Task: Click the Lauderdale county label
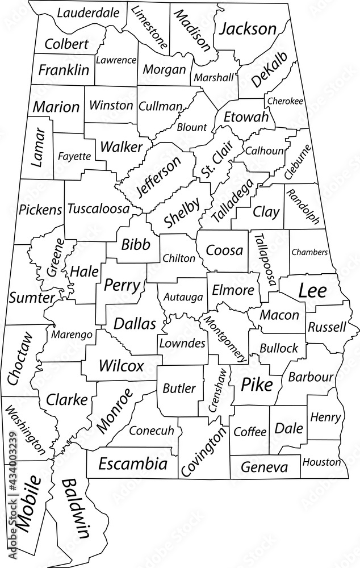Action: click(88, 12)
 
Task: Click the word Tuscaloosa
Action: click(98, 209)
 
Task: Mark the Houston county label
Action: click(321, 462)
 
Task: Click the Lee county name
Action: click(313, 291)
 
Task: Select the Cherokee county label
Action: click(285, 101)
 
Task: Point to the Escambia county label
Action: click(133, 464)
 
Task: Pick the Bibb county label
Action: click(136, 244)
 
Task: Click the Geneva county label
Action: click(264, 467)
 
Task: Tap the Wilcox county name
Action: click(121, 365)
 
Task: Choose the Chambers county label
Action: click(309, 252)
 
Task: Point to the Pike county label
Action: click(257, 385)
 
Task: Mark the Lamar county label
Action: click(39, 147)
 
